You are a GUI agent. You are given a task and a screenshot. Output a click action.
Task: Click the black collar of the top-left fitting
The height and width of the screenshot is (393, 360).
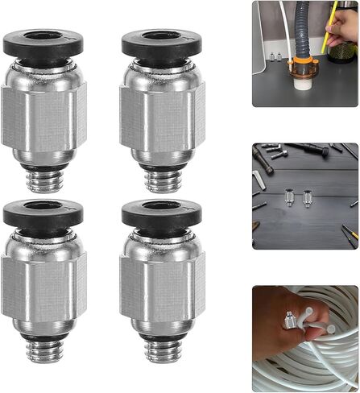[44, 43]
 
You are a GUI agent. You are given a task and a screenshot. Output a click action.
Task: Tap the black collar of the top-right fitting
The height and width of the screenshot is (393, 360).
[163, 43]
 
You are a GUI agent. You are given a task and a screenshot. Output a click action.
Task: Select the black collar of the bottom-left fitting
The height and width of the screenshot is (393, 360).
[44, 214]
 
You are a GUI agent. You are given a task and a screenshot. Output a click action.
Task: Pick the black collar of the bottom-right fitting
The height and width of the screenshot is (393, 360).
[163, 214]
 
